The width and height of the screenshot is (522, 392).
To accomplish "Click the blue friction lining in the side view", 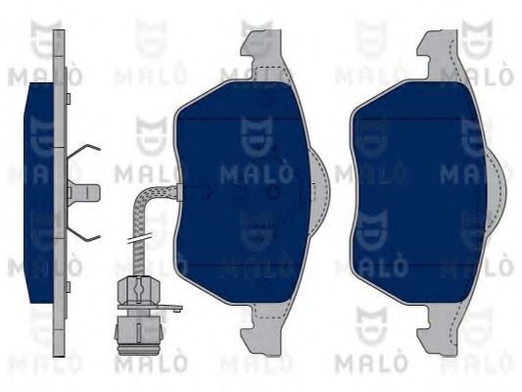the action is coord(39,193).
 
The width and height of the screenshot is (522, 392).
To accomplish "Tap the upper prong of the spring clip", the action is coord(83,152).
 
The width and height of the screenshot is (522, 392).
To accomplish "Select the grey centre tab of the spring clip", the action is coord(84,192).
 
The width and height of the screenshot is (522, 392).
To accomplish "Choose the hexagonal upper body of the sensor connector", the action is coord(138,291).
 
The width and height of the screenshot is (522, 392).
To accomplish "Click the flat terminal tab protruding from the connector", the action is coord(170,309).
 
